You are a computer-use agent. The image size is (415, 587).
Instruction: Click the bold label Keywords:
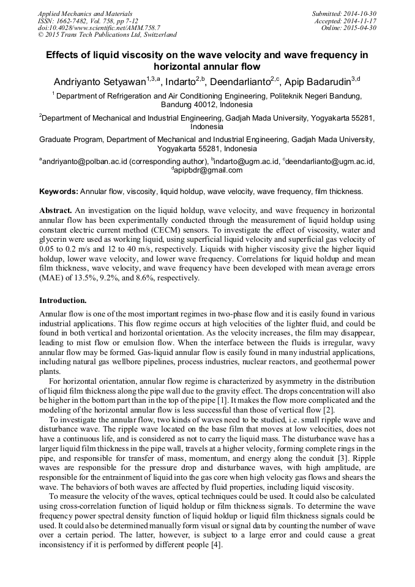pos(59,192)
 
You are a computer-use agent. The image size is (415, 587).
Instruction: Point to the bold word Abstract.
pos(56,209)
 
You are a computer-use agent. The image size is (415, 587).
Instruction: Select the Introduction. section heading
pos(63,301)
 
